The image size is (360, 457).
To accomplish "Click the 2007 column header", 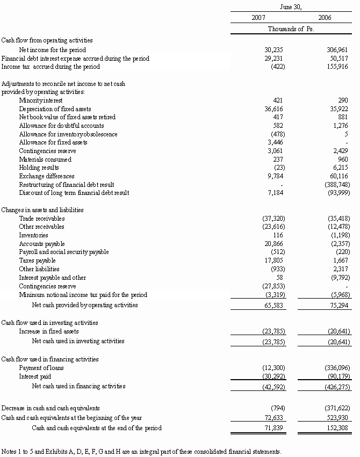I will pos(258,18).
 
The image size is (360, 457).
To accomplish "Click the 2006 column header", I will pos(325,18).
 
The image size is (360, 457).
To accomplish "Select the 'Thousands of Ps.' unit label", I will pos(291,29).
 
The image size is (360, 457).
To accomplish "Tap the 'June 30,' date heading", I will pos(291,6).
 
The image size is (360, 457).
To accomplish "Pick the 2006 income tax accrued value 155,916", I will pos(338,67).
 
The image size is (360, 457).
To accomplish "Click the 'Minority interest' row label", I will pos(41,100).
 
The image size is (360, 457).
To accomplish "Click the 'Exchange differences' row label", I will pos(47,176).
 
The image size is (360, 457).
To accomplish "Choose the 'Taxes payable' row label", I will pos(37,260).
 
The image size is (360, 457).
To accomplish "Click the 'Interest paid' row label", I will pos(35,376).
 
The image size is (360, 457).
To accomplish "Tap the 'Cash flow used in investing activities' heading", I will pos(49,323).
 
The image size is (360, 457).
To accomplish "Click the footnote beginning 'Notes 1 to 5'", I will pos(141,451).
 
